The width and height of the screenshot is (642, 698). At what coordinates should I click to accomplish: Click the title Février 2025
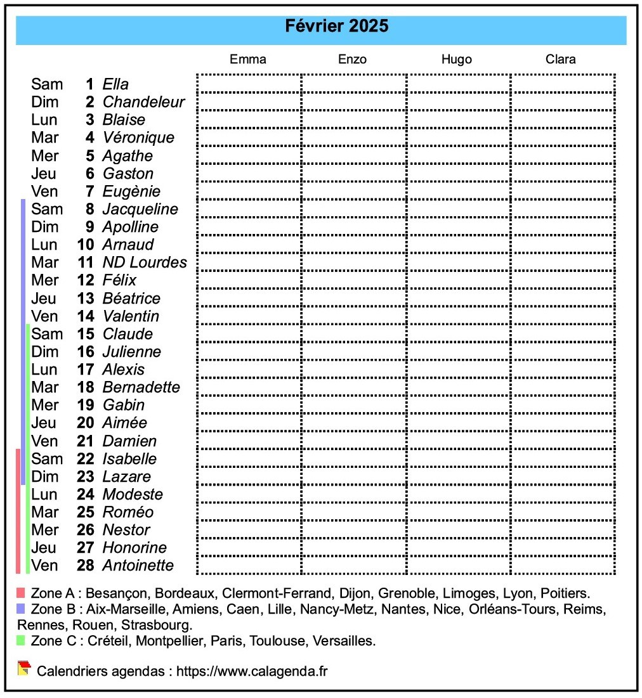pos(336,27)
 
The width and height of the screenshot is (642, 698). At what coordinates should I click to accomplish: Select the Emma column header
pos(248,60)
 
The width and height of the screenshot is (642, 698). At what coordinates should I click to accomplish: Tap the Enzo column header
pos(352,60)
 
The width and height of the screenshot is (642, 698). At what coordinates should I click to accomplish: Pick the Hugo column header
pos(457,60)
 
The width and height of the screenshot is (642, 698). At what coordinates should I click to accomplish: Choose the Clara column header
pos(561,60)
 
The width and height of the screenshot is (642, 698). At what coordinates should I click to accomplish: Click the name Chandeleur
pos(143,102)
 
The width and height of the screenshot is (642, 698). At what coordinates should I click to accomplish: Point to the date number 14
pos(86,316)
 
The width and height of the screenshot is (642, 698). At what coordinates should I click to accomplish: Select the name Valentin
pos(131,316)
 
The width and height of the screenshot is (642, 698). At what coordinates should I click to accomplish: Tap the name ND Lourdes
pos(145,262)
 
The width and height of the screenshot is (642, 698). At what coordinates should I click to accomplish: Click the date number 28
pos(86,566)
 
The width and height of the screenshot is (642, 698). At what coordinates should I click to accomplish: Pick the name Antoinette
pos(138,566)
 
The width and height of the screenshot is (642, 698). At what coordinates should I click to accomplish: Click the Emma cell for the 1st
pos(249,84)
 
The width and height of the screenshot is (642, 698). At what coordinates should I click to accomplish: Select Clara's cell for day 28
pos(563,566)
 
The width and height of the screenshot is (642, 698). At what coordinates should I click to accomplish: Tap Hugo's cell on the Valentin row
pos(458,316)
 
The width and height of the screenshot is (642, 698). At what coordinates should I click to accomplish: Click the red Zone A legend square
pos(21,593)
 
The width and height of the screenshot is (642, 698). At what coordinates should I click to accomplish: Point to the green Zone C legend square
pos(21,640)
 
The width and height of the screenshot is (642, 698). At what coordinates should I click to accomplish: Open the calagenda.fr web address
pos(252,671)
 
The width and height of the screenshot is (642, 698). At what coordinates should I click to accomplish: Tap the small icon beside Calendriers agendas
pos(24,668)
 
